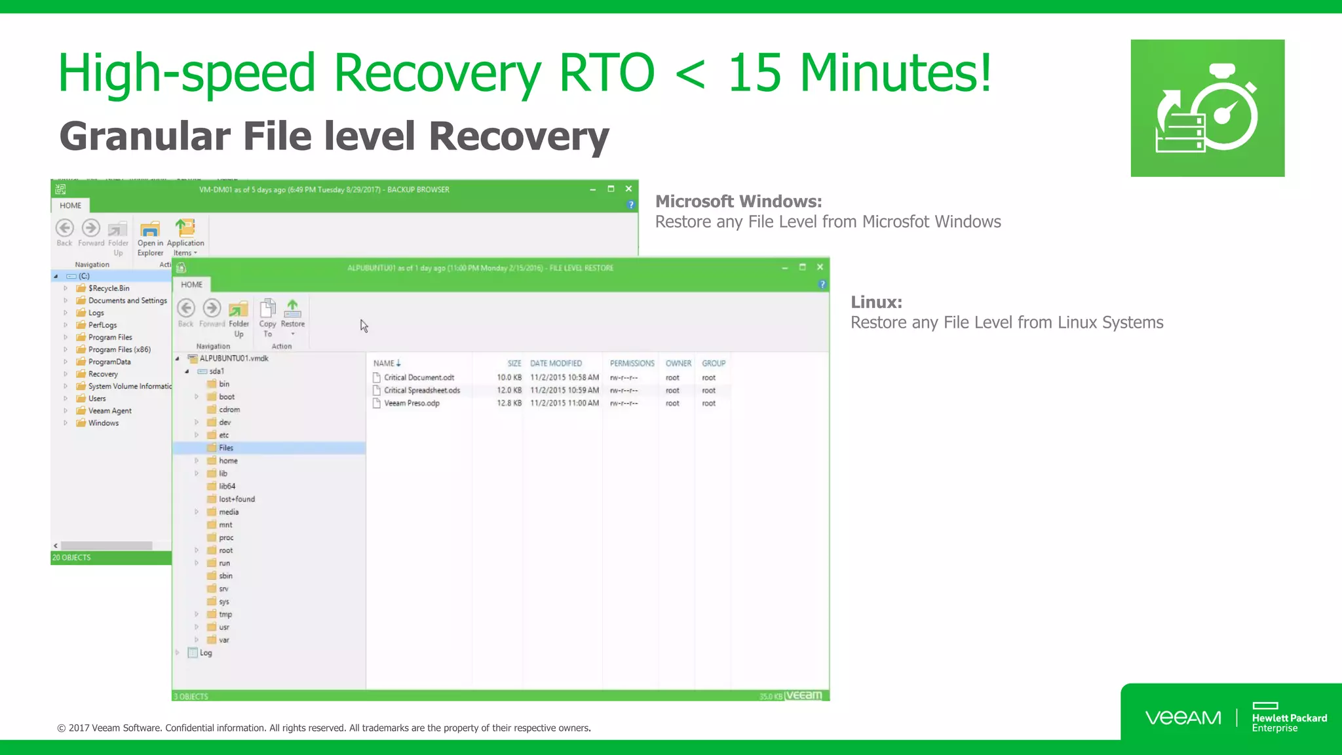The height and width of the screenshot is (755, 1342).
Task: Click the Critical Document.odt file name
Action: click(x=419, y=377)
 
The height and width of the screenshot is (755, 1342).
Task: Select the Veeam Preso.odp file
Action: click(x=412, y=403)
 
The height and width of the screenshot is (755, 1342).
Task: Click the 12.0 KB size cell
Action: click(x=509, y=391)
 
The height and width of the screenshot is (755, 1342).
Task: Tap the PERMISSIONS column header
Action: click(x=632, y=363)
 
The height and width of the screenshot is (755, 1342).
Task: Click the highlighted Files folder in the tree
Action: click(x=226, y=448)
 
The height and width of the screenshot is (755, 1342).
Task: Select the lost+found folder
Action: click(x=237, y=499)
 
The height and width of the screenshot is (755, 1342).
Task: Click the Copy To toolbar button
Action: click(x=267, y=317)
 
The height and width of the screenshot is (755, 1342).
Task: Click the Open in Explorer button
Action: click(x=150, y=238)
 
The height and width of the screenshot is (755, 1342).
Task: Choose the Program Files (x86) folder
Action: click(x=119, y=350)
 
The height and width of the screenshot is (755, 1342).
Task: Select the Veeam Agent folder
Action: click(x=109, y=411)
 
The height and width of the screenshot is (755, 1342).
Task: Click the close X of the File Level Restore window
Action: click(x=820, y=267)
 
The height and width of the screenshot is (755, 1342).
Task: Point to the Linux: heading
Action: click(x=876, y=302)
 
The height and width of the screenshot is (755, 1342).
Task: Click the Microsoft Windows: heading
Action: click(x=738, y=201)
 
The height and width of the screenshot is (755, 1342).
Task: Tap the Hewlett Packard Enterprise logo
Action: click(x=1288, y=718)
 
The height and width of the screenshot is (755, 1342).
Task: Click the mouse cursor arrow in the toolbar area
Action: click(x=364, y=326)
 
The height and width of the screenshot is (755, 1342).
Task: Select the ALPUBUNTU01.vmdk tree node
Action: click(x=233, y=358)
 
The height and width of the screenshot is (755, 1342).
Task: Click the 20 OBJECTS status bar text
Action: click(x=71, y=558)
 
